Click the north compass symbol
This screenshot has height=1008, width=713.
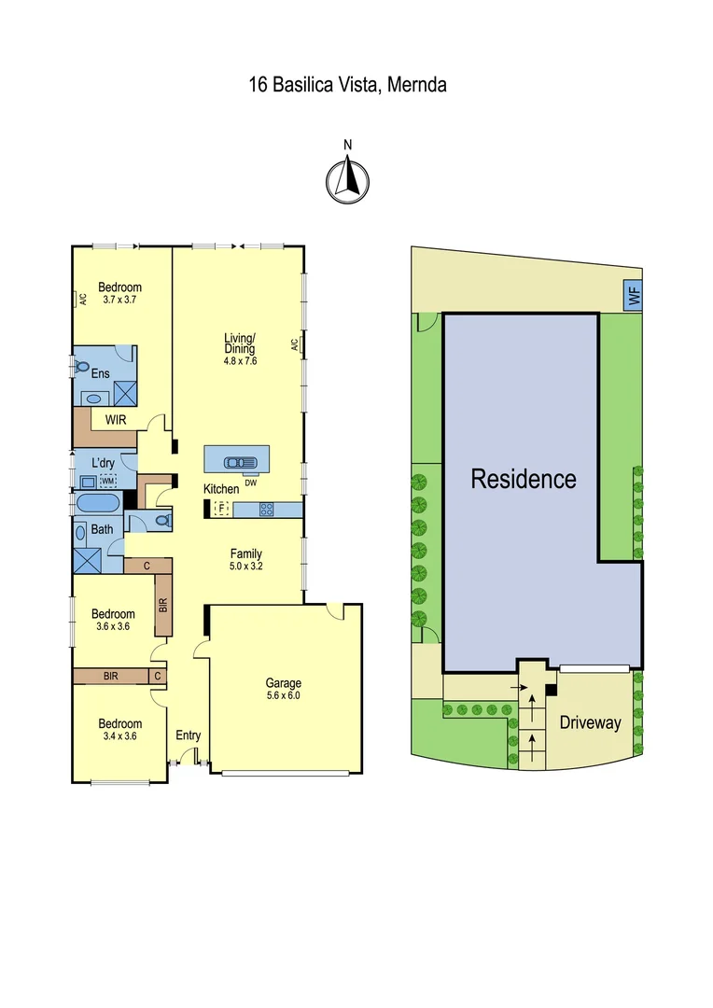point(347,178)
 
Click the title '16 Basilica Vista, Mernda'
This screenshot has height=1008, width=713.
point(347,86)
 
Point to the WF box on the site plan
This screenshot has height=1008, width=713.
point(634,297)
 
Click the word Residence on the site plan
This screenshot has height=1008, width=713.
point(523,480)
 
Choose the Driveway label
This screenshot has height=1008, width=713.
point(590,722)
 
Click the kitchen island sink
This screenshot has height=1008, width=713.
point(239,461)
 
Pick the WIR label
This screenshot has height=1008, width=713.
point(117,420)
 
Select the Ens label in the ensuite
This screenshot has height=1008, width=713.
point(100,373)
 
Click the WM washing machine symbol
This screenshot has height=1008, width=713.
point(108,481)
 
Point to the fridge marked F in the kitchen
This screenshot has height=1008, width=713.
point(221,509)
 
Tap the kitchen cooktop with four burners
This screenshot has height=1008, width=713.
point(266,510)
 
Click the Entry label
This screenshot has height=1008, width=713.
point(189,735)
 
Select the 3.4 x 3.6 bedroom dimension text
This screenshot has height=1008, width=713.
point(119,735)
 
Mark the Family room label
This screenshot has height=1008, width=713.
point(246,553)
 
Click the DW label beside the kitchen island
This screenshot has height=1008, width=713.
point(250,483)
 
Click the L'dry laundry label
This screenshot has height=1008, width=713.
point(104,462)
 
